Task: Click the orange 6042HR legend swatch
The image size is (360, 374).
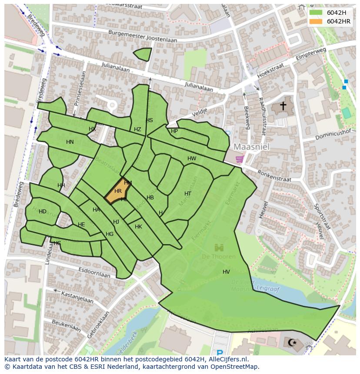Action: (x=316, y=21)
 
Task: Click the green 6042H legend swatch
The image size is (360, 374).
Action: (x=316, y=13)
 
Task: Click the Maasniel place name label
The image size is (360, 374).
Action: (x=251, y=147)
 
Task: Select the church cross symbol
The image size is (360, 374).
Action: (x=283, y=106)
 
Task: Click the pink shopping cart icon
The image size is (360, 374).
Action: (x=239, y=159)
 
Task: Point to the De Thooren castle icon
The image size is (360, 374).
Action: (x=218, y=248)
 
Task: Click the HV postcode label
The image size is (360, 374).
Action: (x=226, y=272)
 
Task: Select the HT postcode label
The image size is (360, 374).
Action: (x=188, y=194)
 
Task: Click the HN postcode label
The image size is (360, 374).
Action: (x=70, y=142)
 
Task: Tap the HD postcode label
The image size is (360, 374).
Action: (x=43, y=212)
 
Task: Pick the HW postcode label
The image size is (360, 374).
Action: (x=192, y=159)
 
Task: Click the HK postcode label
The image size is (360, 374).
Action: (x=138, y=227)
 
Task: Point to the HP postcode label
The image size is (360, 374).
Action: (x=174, y=131)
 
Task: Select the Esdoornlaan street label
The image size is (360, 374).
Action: (x=93, y=274)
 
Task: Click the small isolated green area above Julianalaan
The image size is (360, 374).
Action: (x=143, y=54)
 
